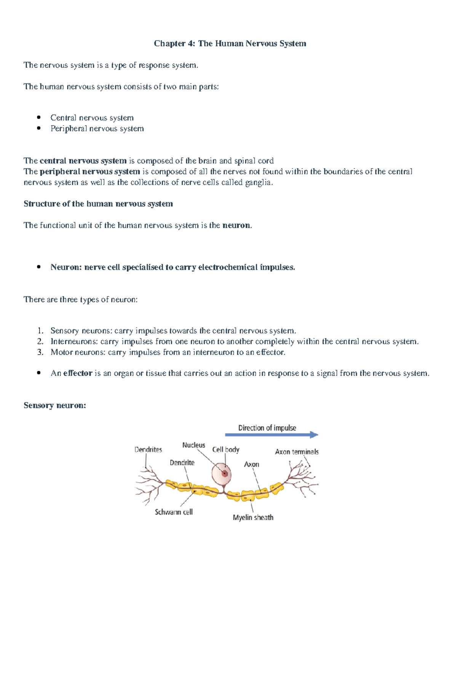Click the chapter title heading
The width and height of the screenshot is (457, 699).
230,43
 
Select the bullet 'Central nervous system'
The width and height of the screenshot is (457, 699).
92,118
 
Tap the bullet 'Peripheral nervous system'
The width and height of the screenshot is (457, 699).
97,128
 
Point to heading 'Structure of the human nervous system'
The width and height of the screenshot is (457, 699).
98,204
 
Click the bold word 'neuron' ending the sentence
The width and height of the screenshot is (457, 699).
236,226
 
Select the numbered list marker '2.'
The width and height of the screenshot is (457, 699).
40,341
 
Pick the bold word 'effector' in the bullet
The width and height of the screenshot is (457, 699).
78,373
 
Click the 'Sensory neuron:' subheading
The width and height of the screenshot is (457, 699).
55,405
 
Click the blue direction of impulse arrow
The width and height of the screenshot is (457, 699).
272,435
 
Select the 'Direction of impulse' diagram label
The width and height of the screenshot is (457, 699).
267,428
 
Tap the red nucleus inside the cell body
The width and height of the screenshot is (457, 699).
225,473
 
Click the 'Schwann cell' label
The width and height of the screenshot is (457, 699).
174,512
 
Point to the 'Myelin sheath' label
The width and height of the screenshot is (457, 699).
253,517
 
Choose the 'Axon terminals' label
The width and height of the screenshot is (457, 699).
297,452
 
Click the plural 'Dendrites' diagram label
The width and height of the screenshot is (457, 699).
148,449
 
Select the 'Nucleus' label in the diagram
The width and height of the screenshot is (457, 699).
193,445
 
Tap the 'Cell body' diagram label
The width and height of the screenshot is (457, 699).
225,449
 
